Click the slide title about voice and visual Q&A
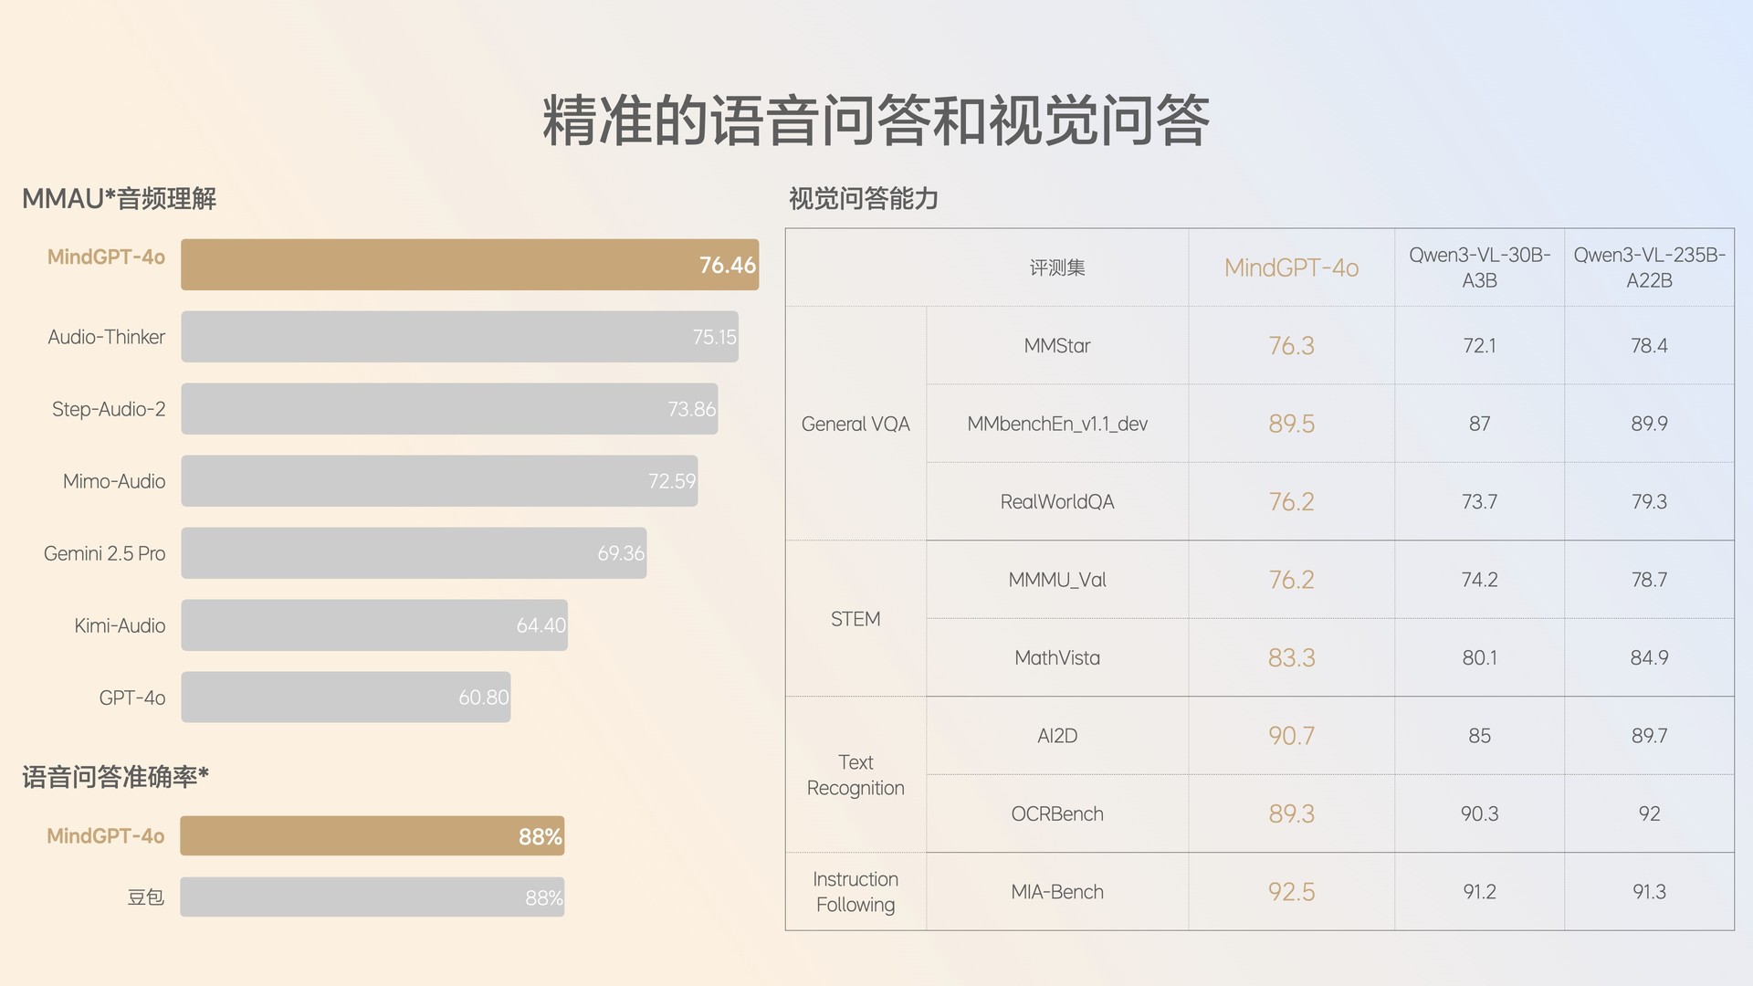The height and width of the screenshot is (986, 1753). pyautogui.click(x=876, y=121)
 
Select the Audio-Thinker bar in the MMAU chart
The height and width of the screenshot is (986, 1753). pyautogui.click(x=459, y=337)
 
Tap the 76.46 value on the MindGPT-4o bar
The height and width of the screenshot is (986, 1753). pyautogui.click(x=727, y=266)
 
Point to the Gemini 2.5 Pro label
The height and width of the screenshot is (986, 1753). pyautogui.click(x=105, y=553)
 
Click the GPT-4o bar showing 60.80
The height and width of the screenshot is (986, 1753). pyautogui.click(x=345, y=698)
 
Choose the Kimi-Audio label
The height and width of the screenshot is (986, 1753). pyautogui.click(x=120, y=625)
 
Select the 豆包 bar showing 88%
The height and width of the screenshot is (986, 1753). pyautogui.click(x=372, y=897)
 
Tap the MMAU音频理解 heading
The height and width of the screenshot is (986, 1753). pyautogui.click(x=120, y=199)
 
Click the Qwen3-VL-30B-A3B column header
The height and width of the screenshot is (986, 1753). pyautogui.click(x=1479, y=267)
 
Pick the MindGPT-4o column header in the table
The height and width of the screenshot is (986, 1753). pyautogui.click(x=1291, y=267)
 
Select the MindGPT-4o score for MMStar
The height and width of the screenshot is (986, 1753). pyautogui.click(x=1291, y=346)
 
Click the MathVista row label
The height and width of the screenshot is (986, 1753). pyautogui.click(x=1057, y=658)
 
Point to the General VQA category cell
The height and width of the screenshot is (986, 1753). pyautogui.click(x=856, y=424)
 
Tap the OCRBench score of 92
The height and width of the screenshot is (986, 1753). pyautogui.click(x=1649, y=813)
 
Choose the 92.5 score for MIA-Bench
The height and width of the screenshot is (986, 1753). pyautogui.click(x=1291, y=892)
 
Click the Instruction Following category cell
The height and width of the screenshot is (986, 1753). pyautogui.click(x=856, y=892)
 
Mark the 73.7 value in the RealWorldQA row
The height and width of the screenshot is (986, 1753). pyautogui.click(x=1479, y=502)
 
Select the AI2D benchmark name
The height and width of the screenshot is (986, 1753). pyautogui.click(x=1057, y=736)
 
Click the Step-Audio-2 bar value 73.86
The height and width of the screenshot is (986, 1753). pyautogui.click(x=691, y=409)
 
